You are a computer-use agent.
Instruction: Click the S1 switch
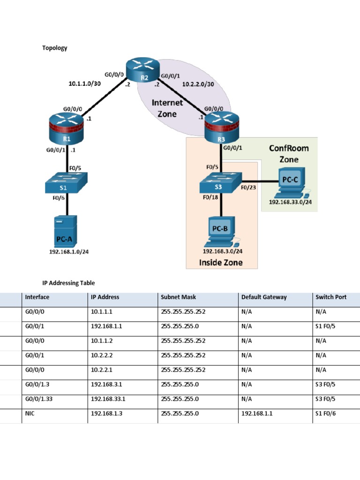pyautogui.click(x=67, y=183)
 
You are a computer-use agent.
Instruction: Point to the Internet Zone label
pyautogui.click(x=167, y=108)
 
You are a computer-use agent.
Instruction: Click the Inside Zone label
pyautogui.click(x=221, y=262)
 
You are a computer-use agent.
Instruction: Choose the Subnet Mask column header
pyautogui.click(x=178, y=297)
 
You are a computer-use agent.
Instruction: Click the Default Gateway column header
pyautogui.click(x=264, y=297)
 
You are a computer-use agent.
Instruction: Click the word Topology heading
pyautogui.click(x=55, y=48)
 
